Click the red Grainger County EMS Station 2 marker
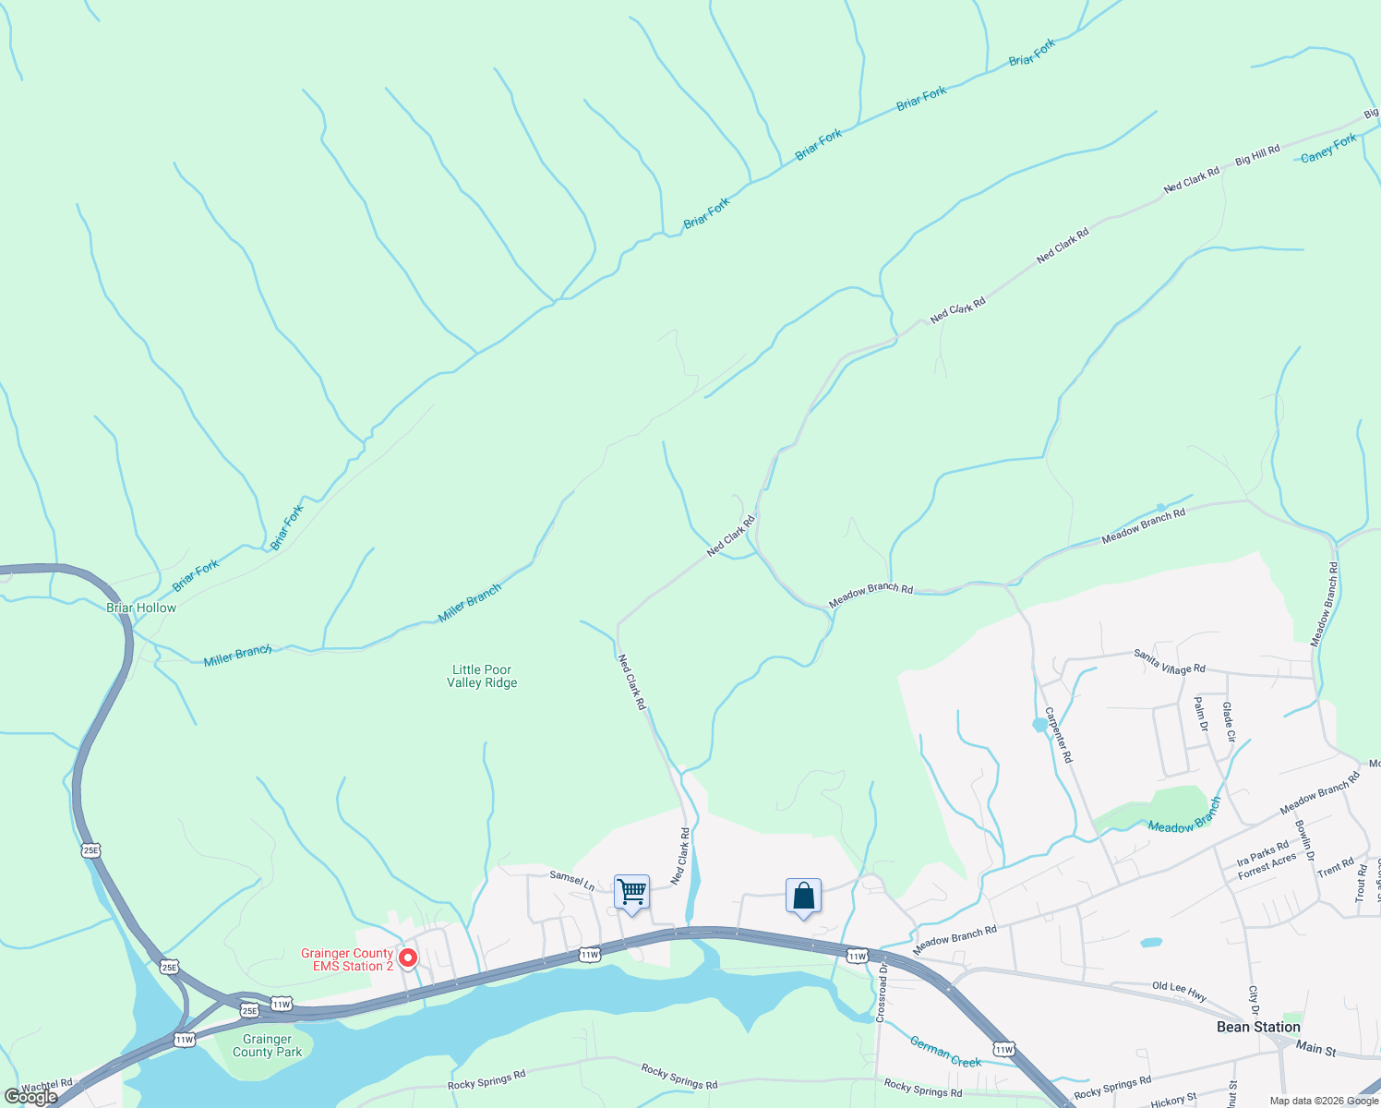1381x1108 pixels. [407, 958]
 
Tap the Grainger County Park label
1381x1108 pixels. [267, 1046]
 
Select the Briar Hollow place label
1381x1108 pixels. [141, 608]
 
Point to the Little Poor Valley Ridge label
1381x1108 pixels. [482, 677]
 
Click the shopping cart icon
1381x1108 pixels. [631, 893]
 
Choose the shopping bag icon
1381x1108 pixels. [803, 897]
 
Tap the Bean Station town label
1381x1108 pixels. [1258, 1027]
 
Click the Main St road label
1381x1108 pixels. [1315, 1049]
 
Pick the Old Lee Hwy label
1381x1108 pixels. [1179, 992]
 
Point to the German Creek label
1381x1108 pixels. [945, 1052]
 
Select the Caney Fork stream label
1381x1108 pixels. [1328, 148]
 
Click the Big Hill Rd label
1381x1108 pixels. [1257, 154]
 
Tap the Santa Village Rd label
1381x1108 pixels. [1169, 661]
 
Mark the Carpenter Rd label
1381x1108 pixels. [1059, 735]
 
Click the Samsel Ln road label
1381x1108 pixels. [572, 880]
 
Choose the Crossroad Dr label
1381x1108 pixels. [881, 993]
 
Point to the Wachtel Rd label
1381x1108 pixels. [46, 1085]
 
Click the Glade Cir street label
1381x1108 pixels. [1229, 723]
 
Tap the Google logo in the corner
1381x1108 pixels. [30, 1097]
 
